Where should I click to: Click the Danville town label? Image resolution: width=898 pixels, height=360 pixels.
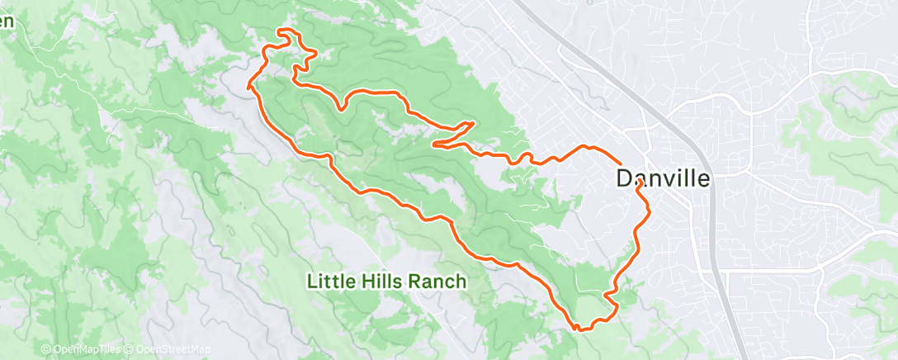click(663, 178)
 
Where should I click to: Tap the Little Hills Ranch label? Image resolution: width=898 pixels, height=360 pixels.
click(387, 282)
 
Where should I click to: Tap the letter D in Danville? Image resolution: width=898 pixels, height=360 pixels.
click(625, 178)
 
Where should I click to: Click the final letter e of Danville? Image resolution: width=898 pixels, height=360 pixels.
click(702, 178)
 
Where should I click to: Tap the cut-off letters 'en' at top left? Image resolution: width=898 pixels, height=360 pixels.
click(7, 22)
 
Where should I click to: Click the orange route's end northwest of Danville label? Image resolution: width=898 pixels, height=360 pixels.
click(620, 163)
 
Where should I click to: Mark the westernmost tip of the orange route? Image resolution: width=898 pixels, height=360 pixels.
click(248, 85)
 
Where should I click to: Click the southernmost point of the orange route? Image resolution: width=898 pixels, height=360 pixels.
click(580, 329)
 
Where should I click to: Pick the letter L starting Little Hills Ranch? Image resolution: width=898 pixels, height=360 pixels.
click(312, 282)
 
